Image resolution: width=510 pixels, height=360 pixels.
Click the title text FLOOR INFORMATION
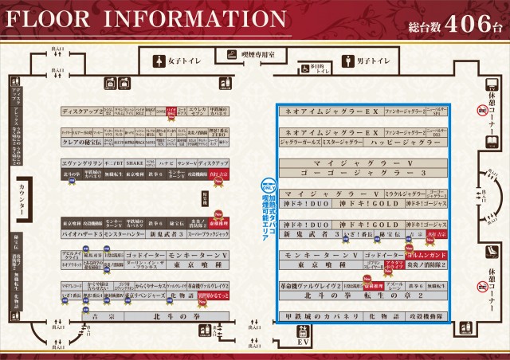point(143,18)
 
